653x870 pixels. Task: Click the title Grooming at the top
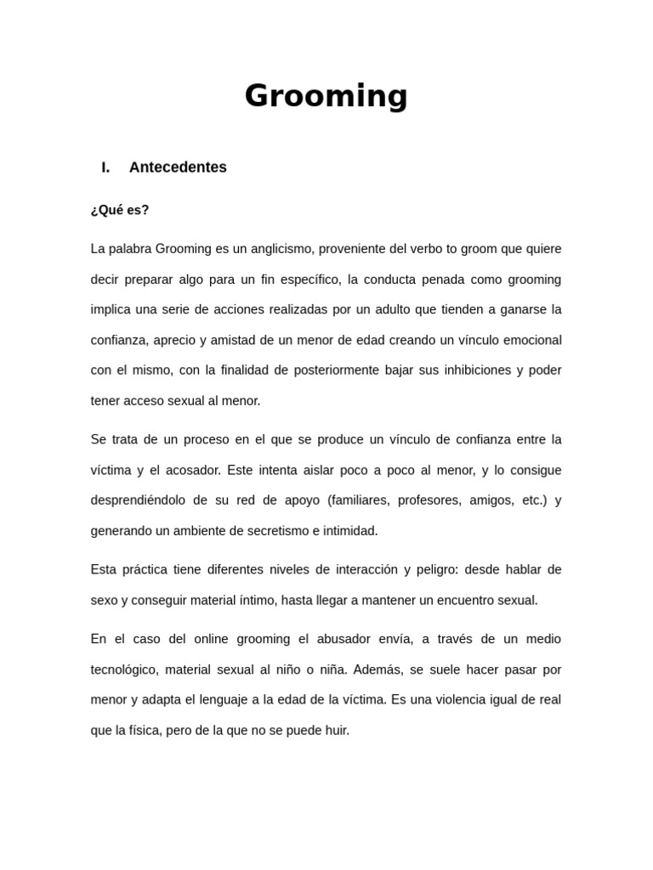[x=326, y=96]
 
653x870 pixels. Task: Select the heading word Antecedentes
[x=178, y=167]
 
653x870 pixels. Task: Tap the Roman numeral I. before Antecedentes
[x=105, y=167]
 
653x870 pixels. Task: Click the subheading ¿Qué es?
[x=120, y=210]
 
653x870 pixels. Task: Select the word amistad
[x=227, y=340]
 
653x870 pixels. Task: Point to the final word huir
[x=337, y=731]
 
